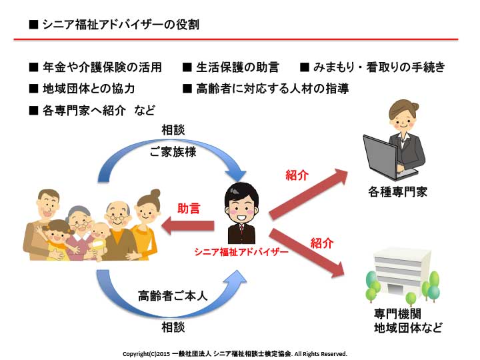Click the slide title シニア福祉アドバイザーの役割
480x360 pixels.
click(121, 25)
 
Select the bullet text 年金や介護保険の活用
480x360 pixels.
click(102, 67)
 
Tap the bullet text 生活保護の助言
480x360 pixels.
click(237, 67)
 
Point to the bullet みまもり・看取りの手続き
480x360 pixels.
click(379, 67)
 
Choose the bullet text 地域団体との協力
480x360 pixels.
click(89, 89)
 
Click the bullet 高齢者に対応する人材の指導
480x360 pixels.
click(273, 89)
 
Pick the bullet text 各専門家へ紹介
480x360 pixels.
click(84, 111)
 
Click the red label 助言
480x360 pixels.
click(189, 209)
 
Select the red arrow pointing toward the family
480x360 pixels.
click(187, 226)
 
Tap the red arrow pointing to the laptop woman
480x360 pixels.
click(309, 194)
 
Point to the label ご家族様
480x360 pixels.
click(173, 152)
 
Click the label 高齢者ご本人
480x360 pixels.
click(173, 296)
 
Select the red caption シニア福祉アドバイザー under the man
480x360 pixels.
click(241, 252)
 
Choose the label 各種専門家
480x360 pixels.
click(397, 192)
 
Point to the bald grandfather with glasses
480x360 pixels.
click(119, 229)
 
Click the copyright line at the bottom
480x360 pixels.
click(235, 354)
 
